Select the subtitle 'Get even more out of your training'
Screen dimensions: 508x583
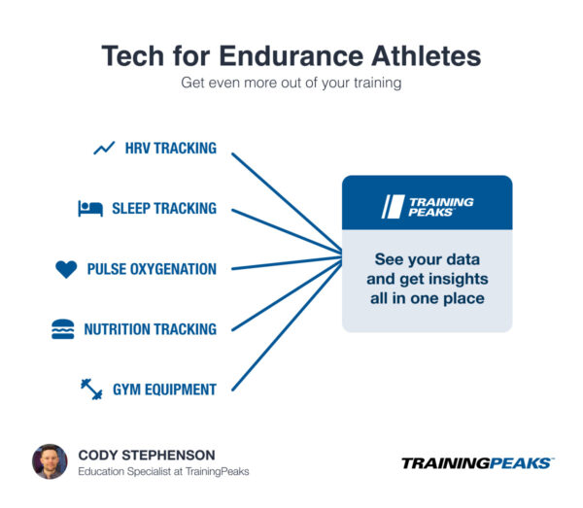tap(291, 84)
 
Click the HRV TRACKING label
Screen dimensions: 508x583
tap(170, 149)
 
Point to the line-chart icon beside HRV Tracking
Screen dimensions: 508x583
tap(104, 149)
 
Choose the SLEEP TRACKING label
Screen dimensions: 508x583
tap(164, 209)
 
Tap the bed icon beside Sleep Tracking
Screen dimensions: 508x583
tap(90, 209)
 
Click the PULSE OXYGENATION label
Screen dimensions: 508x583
tap(152, 269)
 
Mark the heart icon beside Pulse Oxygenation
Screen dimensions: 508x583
tap(66, 269)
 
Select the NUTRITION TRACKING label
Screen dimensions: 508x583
tap(150, 329)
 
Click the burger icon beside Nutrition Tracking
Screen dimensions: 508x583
tap(62, 329)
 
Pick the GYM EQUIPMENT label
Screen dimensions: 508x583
tap(164, 389)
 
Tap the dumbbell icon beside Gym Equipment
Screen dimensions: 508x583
tap(91, 389)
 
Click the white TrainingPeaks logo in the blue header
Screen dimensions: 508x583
tap(427, 205)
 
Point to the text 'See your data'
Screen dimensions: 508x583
tap(427, 259)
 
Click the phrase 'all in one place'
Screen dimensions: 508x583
tap(427, 298)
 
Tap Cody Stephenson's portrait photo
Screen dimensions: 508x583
tap(50, 461)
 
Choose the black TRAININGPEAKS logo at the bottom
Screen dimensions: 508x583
tap(476, 463)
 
